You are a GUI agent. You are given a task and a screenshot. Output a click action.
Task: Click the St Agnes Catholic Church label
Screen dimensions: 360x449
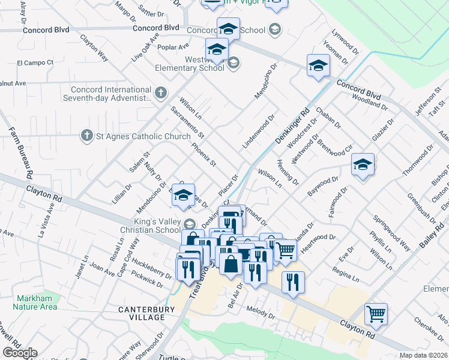pos(143,137)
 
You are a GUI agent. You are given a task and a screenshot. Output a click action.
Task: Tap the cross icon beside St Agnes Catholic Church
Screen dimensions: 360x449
pos(87,137)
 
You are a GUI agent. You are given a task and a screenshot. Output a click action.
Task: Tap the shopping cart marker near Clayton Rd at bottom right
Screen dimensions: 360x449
pos(376,313)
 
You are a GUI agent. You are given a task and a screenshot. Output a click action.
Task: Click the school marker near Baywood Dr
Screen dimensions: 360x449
pos(363,164)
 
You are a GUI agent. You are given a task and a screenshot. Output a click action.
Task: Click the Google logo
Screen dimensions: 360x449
pos(20,353)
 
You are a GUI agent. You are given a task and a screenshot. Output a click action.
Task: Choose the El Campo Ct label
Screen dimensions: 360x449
pos(35,62)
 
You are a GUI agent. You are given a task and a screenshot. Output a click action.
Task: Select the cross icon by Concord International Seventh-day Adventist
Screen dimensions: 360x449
pos(160,92)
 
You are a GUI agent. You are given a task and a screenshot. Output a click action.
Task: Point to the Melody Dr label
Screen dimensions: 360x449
pos(261,312)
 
